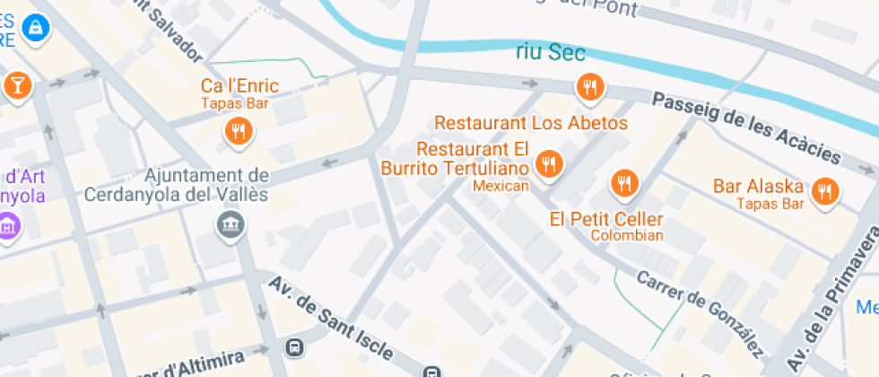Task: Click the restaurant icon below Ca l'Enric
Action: (x=239, y=132)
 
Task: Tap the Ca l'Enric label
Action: (x=239, y=86)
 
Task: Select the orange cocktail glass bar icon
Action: (x=17, y=85)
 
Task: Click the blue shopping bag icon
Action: (x=36, y=28)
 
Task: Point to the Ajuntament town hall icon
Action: (x=231, y=223)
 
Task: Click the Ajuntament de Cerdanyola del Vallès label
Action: (x=177, y=184)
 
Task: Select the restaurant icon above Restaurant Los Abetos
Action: (x=589, y=86)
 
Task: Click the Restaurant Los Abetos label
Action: (x=531, y=122)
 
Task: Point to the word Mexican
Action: (x=501, y=186)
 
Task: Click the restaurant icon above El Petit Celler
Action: (x=623, y=183)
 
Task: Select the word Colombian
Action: (x=627, y=236)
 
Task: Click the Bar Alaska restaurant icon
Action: (x=824, y=190)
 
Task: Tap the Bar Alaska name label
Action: (x=758, y=187)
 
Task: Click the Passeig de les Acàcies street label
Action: (x=746, y=128)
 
